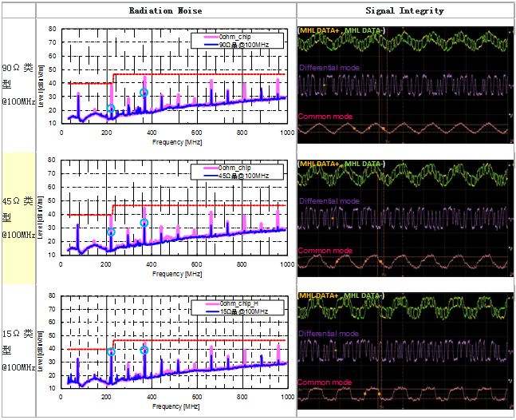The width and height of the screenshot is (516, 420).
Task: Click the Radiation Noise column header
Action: pos(166,11)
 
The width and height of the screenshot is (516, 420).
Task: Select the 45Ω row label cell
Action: pos(18,216)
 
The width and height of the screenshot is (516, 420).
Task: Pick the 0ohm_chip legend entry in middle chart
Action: pos(238,168)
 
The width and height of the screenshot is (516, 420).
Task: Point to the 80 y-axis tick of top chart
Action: pos(52,29)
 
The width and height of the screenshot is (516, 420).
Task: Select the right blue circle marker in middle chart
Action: pos(144,223)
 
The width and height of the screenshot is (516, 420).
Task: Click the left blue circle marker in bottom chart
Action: pos(111,352)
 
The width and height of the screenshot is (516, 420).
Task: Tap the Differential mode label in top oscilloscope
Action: pos(328,68)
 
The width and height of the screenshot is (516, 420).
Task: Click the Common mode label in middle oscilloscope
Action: pos(325,250)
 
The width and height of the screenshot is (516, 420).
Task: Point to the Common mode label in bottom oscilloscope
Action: pos(325,382)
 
